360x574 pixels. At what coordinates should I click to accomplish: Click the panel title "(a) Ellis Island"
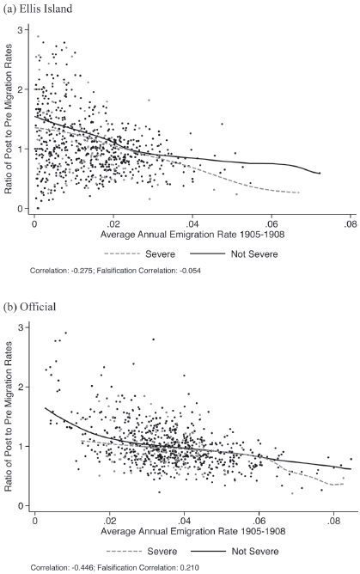[x=37, y=9]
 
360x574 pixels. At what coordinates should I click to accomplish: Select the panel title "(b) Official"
[x=29, y=307]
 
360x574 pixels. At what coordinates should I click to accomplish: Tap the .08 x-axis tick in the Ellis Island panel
[x=351, y=223]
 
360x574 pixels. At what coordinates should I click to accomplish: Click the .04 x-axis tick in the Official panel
[x=184, y=520]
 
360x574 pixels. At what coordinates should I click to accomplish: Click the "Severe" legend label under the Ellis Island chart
[x=161, y=253]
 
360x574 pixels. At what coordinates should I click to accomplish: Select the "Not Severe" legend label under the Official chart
[x=255, y=551]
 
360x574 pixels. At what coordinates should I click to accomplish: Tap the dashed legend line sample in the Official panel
[x=124, y=551]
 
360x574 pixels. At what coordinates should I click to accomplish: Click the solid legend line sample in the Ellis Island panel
[x=207, y=253]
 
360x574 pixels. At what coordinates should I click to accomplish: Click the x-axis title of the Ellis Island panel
[x=192, y=235]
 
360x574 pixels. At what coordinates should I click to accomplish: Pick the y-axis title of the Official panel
[x=8, y=417]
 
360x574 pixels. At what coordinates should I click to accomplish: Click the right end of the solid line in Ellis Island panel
[x=320, y=174]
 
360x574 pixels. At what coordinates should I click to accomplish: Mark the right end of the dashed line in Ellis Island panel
[x=299, y=192]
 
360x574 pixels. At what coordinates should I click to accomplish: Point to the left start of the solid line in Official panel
[x=46, y=408]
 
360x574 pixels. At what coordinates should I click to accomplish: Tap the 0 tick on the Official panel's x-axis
[x=35, y=520]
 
